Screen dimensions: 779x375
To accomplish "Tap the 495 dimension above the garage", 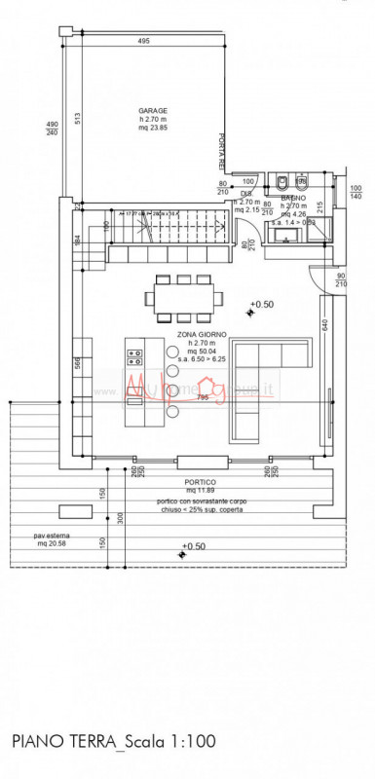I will click(x=143, y=42).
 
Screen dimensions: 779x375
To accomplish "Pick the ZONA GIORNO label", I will click(x=203, y=334).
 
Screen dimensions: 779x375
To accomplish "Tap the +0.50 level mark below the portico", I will click(x=195, y=547).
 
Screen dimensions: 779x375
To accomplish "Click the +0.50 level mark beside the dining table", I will click(x=261, y=305).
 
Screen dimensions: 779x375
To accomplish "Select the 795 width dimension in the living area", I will click(x=202, y=396).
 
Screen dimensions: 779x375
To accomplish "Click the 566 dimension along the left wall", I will click(x=78, y=362).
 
